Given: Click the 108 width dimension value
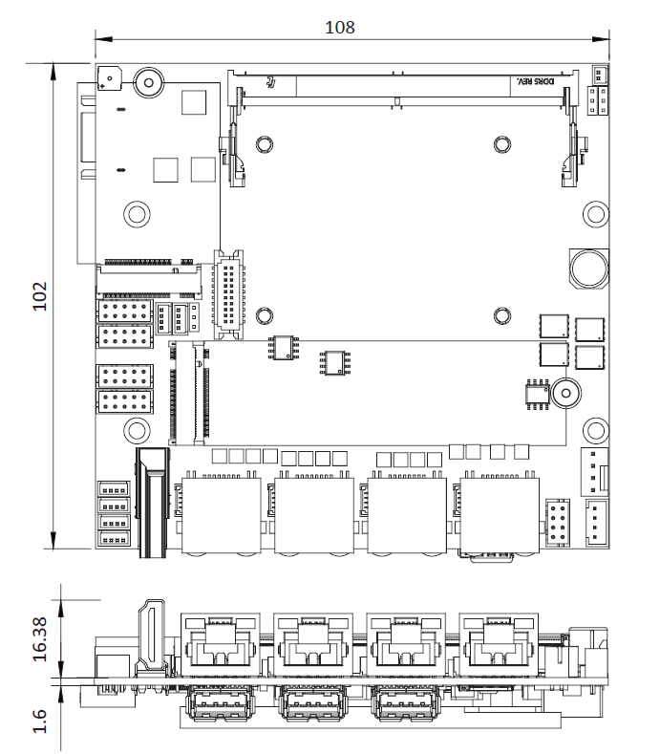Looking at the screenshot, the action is pyautogui.click(x=340, y=28).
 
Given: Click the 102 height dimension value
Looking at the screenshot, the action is pyautogui.click(x=40, y=296).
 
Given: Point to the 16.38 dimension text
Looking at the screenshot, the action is pyautogui.click(x=40, y=639).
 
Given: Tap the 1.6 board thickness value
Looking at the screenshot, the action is pyautogui.click(x=40, y=721).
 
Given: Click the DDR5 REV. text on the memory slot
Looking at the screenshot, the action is pyautogui.click(x=535, y=81).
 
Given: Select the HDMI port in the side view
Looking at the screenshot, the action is pyautogui.click(x=152, y=636).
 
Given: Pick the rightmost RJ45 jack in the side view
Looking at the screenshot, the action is pyautogui.click(x=499, y=645).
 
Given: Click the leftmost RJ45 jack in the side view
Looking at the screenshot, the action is pyautogui.click(x=221, y=645).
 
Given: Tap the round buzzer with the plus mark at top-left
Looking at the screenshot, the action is pyautogui.click(x=110, y=78).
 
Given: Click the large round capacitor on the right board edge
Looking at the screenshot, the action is pyautogui.click(x=589, y=269).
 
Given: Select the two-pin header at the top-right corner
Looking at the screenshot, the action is pyautogui.click(x=599, y=75).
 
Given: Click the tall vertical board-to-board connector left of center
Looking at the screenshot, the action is pyautogui.click(x=229, y=294).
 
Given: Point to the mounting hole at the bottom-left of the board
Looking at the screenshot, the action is pyautogui.click(x=137, y=430).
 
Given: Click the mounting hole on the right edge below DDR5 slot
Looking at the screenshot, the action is pyautogui.click(x=596, y=213).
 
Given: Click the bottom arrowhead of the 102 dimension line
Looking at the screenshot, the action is pyautogui.click(x=53, y=540).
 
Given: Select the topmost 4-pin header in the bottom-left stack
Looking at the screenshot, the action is pyautogui.click(x=114, y=489).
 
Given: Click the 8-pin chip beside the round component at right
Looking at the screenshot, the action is pyautogui.click(x=538, y=395).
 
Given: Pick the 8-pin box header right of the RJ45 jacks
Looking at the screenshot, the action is pyautogui.click(x=558, y=523).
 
